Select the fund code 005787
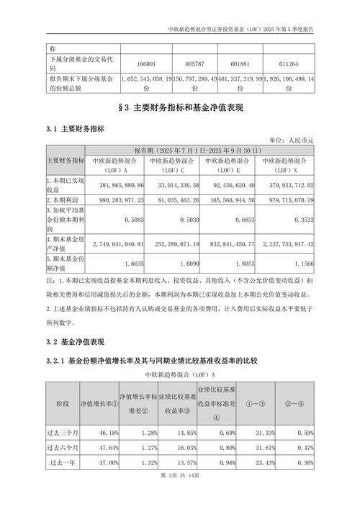[194, 63]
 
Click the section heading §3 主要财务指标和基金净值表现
[179, 108]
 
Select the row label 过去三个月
[63, 433]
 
